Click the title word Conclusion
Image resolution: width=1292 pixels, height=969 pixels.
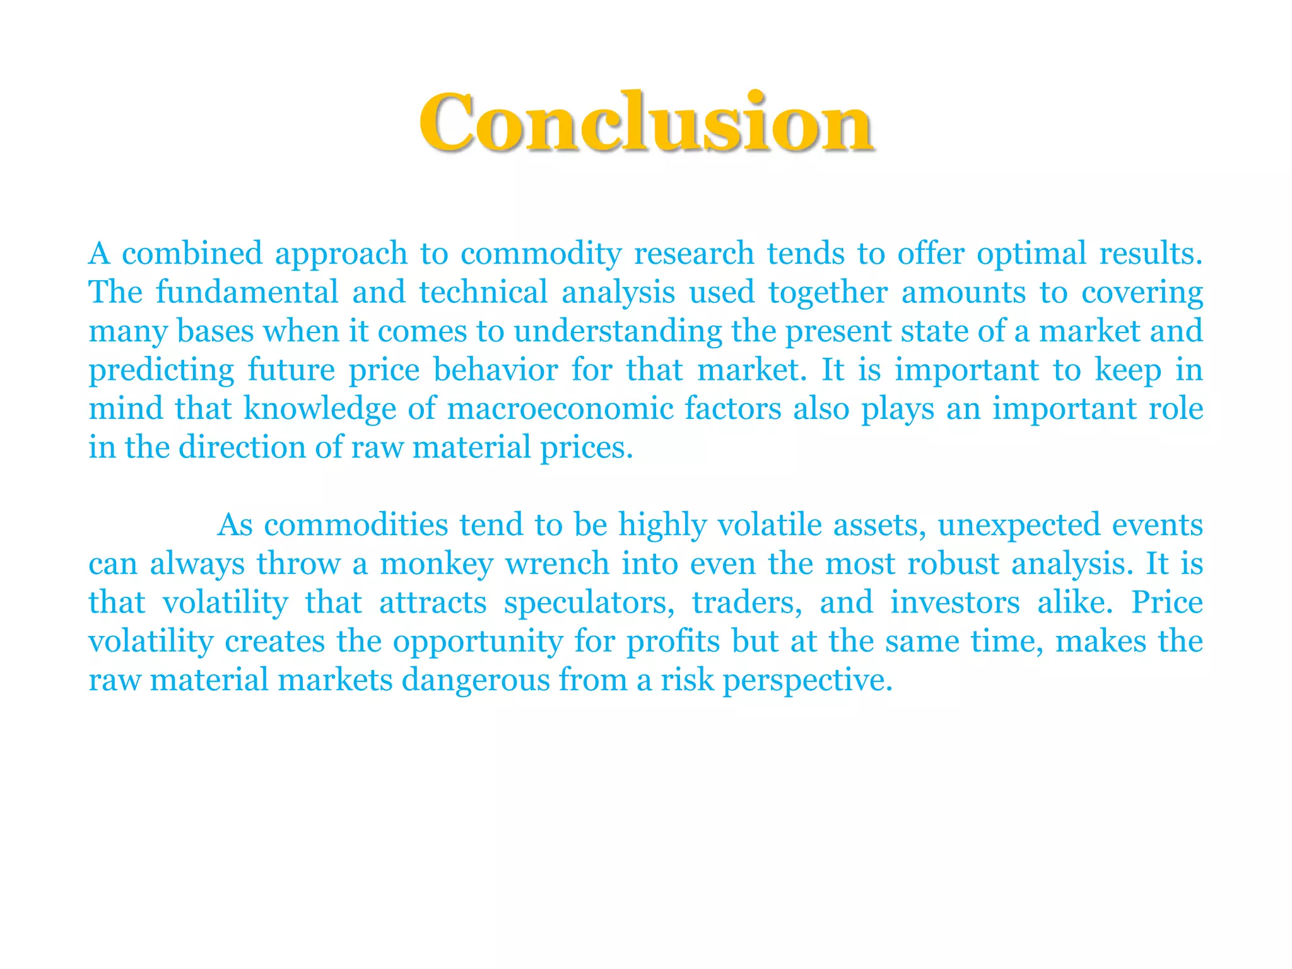(646, 122)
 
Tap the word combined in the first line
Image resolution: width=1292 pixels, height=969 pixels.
(192, 254)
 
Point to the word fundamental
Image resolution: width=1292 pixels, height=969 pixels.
(247, 292)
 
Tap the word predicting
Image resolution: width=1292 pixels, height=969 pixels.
(161, 370)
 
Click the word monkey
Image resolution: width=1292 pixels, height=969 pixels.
(437, 564)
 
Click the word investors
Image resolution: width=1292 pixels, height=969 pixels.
(955, 603)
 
